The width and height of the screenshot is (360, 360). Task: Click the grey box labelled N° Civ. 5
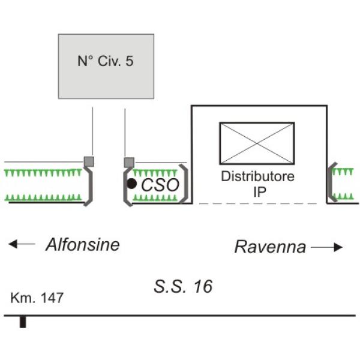[106, 66]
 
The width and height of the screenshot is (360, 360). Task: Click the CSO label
[160, 185]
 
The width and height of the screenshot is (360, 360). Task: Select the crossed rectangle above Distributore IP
[257, 143]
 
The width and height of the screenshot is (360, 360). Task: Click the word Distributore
[258, 177]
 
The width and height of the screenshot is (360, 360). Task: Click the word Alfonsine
[83, 245]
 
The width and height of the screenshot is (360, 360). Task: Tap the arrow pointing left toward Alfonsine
[22, 244]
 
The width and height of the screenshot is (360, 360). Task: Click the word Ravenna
[270, 247]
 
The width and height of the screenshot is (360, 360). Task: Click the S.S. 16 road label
[183, 287]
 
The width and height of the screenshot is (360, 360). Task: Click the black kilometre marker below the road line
[23, 322]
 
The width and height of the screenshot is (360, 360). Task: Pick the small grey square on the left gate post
[88, 161]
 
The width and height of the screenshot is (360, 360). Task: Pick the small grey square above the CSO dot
[128, 162]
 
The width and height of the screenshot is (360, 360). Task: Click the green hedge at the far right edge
[343, 184]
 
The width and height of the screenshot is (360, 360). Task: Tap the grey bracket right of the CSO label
[185, 183]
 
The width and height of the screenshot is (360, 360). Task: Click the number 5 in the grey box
[130, 61]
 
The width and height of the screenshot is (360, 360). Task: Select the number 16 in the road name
[202, 287]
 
